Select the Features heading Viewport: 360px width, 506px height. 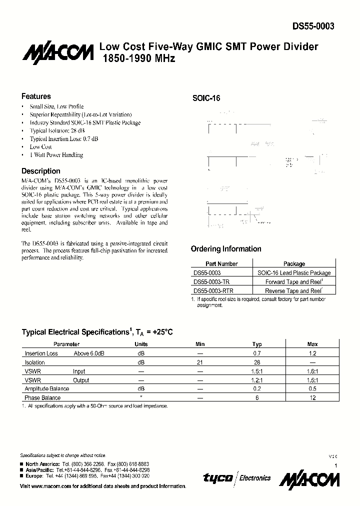(36, 96)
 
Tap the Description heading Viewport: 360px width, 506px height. (41, 171)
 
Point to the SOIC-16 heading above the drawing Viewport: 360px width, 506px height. (206, 98)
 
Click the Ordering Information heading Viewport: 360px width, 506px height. (226, 249)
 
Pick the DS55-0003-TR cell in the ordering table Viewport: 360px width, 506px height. (212, 282)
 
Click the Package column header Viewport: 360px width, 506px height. (294, 263)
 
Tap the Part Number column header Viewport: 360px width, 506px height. (221, 263)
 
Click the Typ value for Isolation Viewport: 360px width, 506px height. (257, 362)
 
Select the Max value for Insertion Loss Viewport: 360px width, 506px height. (312, 353)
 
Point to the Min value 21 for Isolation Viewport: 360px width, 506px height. (200, 362)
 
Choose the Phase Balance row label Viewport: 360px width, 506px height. (42, 398)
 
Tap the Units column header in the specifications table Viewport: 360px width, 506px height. (141, 344)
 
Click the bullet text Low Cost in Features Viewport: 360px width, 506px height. (41, 147)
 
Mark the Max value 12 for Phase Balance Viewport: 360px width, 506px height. (312, 398)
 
